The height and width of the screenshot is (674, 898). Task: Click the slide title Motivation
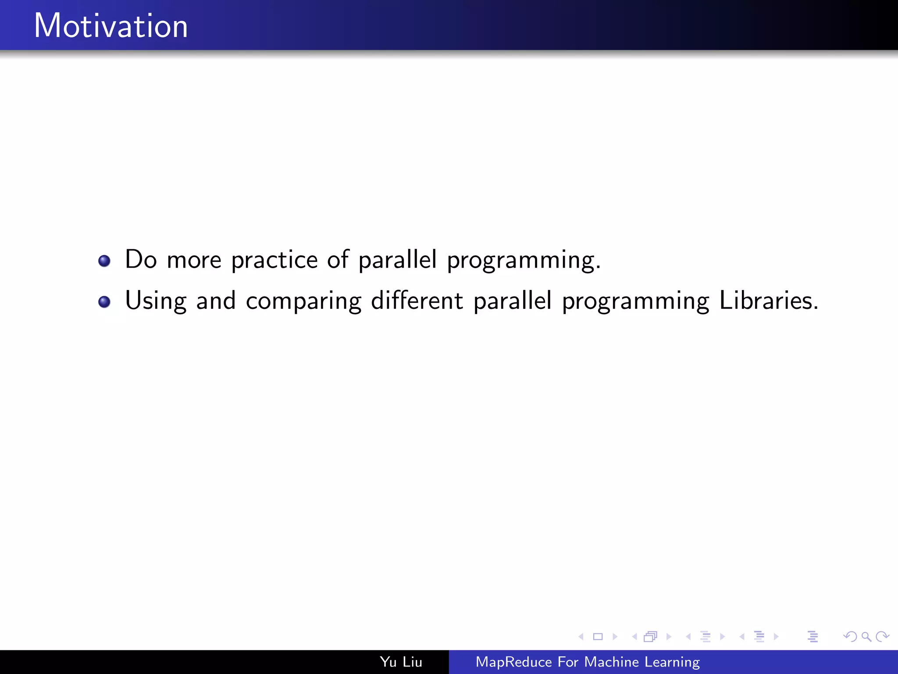tap(110, 26)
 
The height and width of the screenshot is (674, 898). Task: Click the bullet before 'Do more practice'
tap(104, 261)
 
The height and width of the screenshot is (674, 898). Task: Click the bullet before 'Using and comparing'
tap(104, 302)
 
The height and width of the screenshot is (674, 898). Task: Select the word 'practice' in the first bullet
tap(274, 260)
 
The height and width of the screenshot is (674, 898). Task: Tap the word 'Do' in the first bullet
tap(141, 259)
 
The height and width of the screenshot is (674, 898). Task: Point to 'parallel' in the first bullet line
tap(397, 259)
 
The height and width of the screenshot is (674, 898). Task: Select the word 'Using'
tap(156, 301)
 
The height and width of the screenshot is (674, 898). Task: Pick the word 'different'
tap(417, 301)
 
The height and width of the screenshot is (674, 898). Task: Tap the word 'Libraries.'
tap(769, 301)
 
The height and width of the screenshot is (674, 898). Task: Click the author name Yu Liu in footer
tap(401, 662)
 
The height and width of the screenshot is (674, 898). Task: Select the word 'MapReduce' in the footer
tap(513, 662)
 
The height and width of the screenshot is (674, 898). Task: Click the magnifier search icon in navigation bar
tap(866, 637)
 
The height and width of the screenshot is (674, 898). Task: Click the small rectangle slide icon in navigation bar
tap(598, 637)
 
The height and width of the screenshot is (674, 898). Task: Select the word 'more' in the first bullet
tap(194, 260)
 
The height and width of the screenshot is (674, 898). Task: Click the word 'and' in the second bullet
tap(216, 301)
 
